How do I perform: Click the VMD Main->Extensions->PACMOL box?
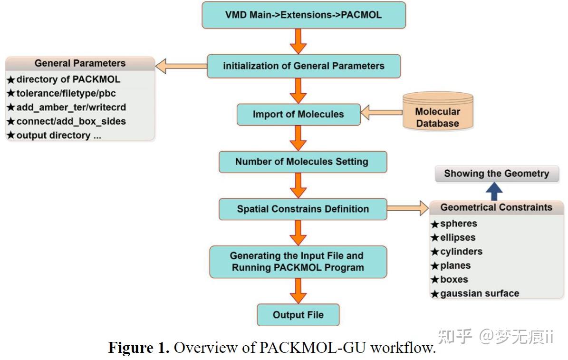(x=304, y=15)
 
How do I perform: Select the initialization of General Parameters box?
(x=304, y=66)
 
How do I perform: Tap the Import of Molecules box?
(x=298, y=114)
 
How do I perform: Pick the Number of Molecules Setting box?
(x=302, y=162)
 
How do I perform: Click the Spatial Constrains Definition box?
(x=303, y=209)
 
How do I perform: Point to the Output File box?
(x=298, y=315)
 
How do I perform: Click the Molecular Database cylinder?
(x=437, y=113)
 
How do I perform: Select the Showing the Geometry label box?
(x=496, y=174)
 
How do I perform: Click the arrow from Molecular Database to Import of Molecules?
(x=381, y=114)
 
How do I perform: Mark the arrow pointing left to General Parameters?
(x=181, y=66)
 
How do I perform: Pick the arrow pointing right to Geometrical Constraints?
(x=407, y=208)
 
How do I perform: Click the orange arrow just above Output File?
(x=298, y=290)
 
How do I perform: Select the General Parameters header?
(x=80, y=63)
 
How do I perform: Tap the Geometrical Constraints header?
(x=496, y=207)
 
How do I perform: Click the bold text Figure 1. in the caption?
(x=138, y=348)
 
